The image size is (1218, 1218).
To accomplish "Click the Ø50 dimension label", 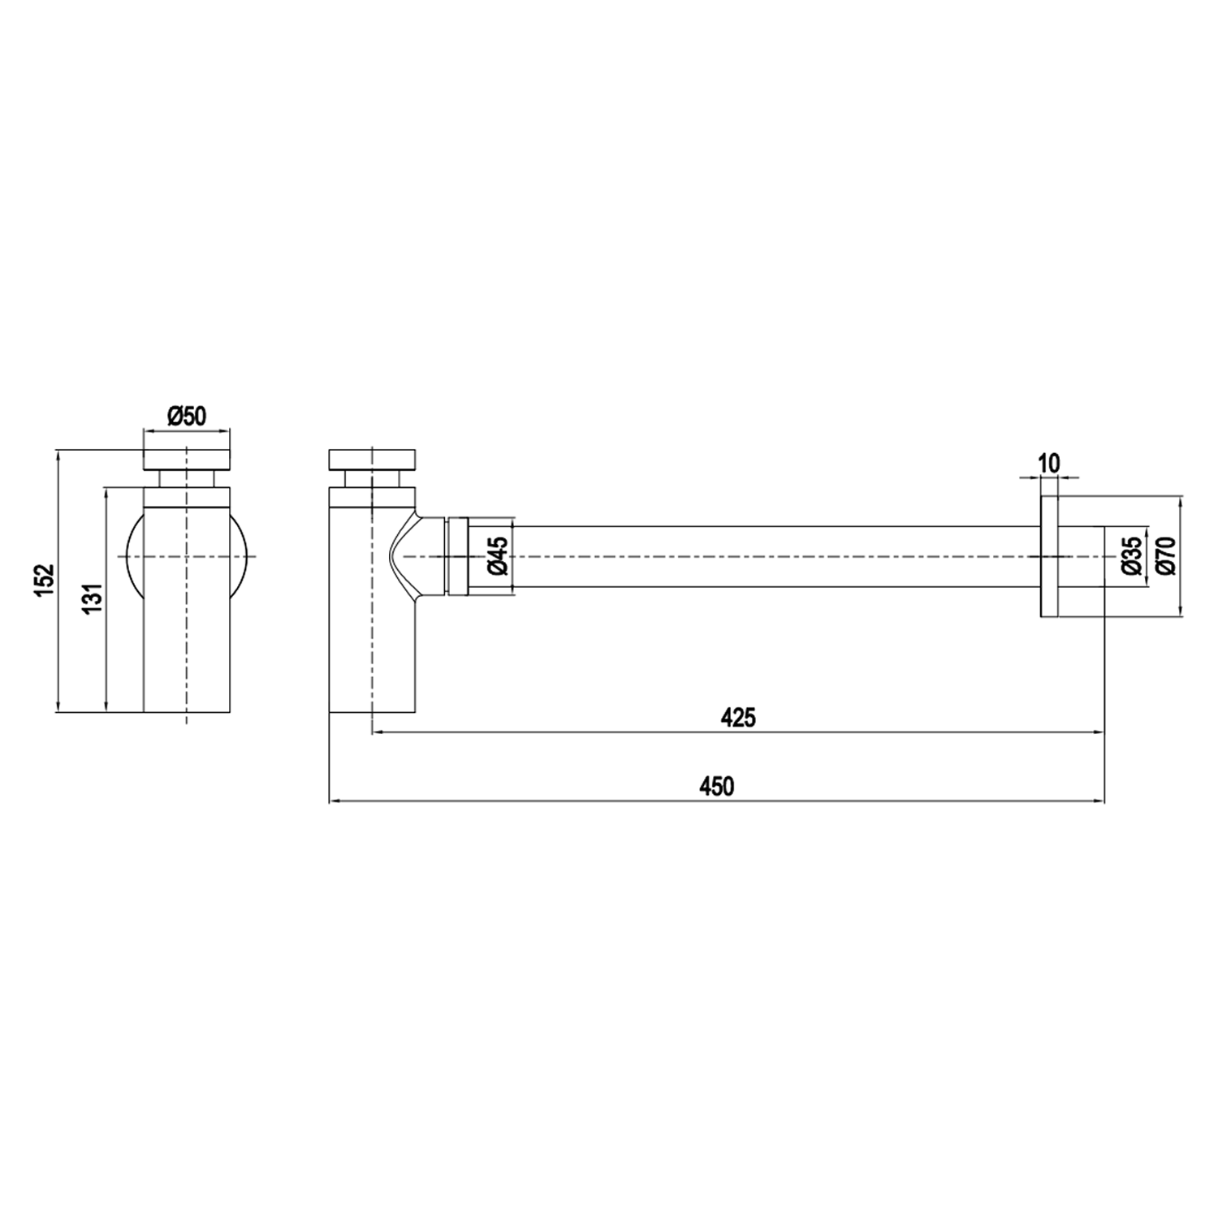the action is pos(187,417).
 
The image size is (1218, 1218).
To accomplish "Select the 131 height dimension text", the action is pos(93,599).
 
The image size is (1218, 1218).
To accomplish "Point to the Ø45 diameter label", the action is pos(498,556).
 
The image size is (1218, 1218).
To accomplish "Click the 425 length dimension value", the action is pos(738,718).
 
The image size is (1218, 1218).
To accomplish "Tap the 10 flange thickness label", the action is pos(1049,464).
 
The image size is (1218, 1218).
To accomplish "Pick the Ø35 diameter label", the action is pos(1131,556).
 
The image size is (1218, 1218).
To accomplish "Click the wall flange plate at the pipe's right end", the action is pos(1048,556).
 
